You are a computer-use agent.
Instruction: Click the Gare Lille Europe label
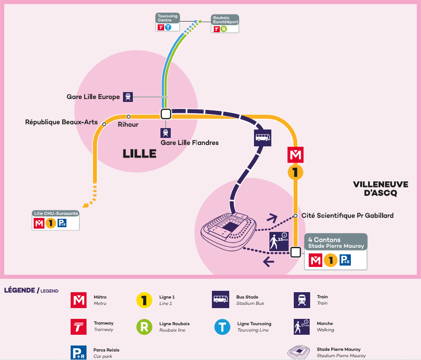pos(93,97)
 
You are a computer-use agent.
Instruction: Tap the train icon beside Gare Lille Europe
pos(128,97)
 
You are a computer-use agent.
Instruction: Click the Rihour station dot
pos(129,116)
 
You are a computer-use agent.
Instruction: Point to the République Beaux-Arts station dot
pos(104,124)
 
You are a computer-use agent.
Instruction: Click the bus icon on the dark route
pos(262,138)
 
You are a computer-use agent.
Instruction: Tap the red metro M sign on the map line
pos(295,155)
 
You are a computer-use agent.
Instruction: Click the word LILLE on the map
pos(139,154)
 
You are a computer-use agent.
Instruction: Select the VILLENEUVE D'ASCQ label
pos(380,188)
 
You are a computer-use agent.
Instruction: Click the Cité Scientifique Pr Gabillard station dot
pos(295,216)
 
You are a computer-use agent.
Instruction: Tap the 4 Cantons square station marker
pos(295,252)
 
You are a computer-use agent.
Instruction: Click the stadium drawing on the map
pos(229,231)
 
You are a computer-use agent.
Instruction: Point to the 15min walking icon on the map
pos(279,240)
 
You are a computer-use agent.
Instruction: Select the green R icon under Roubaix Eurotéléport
pos(224,29)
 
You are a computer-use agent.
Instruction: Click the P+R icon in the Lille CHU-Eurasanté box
pos(62,223)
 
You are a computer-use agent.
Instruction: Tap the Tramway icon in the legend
pos(79,327)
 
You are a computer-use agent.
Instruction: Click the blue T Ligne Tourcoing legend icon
pos(222,327)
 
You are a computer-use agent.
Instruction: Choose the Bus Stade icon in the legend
pos(220,300)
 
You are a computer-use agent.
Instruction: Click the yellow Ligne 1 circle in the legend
pos(144,300)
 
